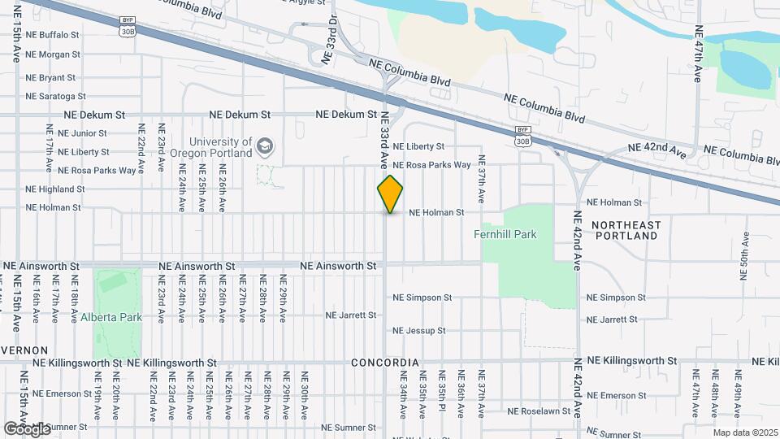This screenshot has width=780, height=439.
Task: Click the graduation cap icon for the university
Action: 265,146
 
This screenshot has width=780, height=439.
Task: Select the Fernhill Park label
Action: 516,234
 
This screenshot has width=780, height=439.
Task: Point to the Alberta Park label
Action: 111,317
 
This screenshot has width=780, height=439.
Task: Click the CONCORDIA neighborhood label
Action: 385,363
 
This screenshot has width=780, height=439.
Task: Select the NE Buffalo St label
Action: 52,35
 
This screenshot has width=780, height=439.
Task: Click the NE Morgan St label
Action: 53,54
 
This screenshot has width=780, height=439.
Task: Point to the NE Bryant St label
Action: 50,78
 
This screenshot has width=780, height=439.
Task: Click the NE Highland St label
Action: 55,189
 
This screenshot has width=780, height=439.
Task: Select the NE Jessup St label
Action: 419,331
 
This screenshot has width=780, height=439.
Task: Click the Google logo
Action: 27,428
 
